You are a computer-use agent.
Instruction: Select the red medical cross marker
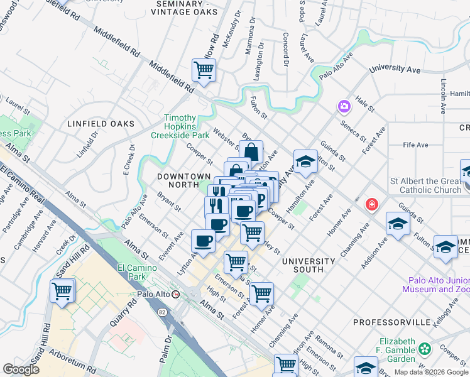[372, 205]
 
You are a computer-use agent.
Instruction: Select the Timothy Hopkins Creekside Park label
[187, 126]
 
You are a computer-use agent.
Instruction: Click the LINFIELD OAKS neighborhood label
[101, 124]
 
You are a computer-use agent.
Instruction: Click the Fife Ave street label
[415, 145]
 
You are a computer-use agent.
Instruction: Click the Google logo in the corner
[21, 369]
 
